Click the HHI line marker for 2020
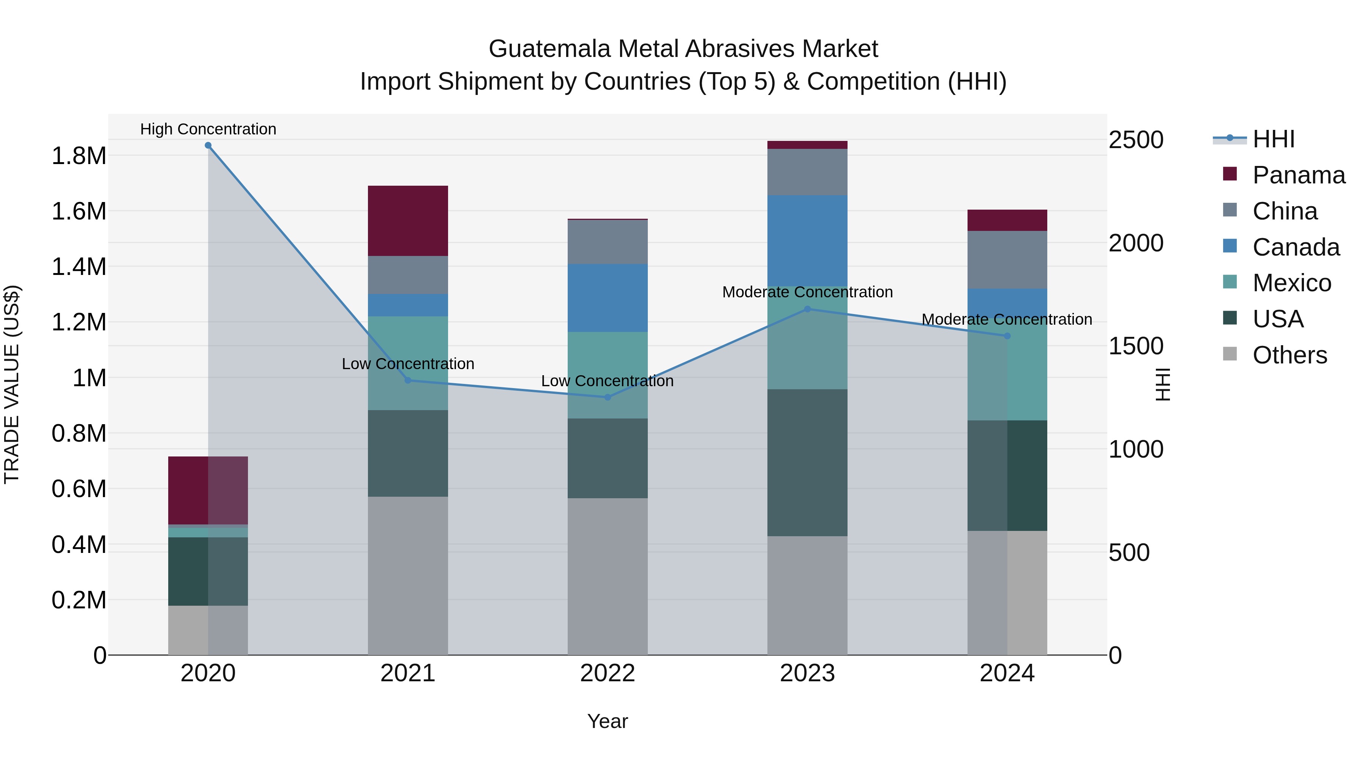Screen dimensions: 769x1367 click(x=208, y=145)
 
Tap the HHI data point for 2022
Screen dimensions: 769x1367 click(x=608, y=397)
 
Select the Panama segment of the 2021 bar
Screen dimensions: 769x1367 click(x=407, y=221)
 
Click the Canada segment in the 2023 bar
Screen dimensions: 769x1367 click(x=807, y=240)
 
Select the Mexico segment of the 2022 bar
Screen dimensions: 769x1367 click(x=608, y=375)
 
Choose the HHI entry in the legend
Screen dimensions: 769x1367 click(x=1273, y=139)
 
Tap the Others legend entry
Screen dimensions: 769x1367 click(x=1289, y=355)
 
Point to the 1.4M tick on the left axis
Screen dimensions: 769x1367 click(x=79, y=267)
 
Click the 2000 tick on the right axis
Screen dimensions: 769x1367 click(x=1136, y=243)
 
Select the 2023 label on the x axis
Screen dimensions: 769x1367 click(x=807, y=673)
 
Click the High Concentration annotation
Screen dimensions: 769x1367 click(x=208, y=129)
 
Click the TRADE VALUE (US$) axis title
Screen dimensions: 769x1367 click(x=12, y=384)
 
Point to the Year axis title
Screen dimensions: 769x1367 click(x=607, y=721)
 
